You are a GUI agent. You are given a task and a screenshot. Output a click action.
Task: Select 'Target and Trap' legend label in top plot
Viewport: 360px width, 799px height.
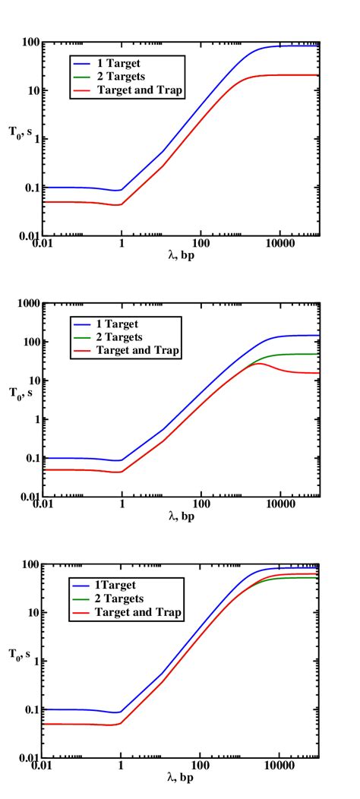pos(141,90)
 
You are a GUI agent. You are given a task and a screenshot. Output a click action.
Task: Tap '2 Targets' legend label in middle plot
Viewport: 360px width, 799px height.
pos(122,337)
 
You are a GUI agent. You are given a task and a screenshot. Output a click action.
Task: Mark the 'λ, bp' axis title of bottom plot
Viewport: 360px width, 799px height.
pos(180,779)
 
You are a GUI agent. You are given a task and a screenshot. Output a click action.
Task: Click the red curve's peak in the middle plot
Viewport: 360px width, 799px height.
pos(259,364)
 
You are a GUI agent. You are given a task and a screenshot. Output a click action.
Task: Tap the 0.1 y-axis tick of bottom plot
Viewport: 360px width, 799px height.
pos(30,709)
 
